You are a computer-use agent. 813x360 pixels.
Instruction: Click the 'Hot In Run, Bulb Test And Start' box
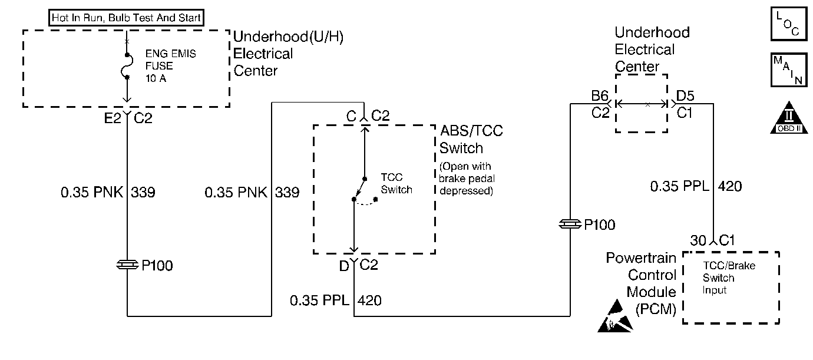[x=126, y=18]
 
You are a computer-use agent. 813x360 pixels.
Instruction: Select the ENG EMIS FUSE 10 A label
[x=171, y=66]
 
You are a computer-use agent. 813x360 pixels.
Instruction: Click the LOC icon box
[x=789, y=23]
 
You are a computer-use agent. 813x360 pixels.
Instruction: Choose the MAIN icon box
[x=789, y=70]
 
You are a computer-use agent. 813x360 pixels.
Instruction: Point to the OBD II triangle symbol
[x=789, y=118]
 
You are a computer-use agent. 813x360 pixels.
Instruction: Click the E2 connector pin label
[x=113, y=118]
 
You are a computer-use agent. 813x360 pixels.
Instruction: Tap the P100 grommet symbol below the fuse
[x=127, y=265]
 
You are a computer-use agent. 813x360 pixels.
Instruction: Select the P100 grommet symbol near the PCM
[x=570, y=224]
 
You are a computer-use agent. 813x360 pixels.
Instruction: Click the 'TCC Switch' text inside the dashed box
[x=396, y=183]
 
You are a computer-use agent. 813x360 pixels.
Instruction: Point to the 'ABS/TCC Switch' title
[x=471, y=140]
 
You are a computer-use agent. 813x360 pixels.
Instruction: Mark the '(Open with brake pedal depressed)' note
[x=467, y=179]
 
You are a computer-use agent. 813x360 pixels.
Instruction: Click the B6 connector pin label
[x=600, y=96]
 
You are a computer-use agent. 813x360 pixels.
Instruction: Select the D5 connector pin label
[x=685, y=96]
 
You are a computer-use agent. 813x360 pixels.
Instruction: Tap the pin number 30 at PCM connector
[x=698, y=240]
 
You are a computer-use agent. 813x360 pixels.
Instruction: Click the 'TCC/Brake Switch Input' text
[x=729, y=278]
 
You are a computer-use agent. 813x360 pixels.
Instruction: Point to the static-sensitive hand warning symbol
[x=615, y=316]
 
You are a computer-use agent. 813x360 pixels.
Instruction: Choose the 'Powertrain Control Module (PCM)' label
[x=641, y=283]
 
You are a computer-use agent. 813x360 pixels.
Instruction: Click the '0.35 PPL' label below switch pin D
[x=319, y=300]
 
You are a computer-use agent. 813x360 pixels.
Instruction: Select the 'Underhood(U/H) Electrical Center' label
[x=288, y=54]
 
